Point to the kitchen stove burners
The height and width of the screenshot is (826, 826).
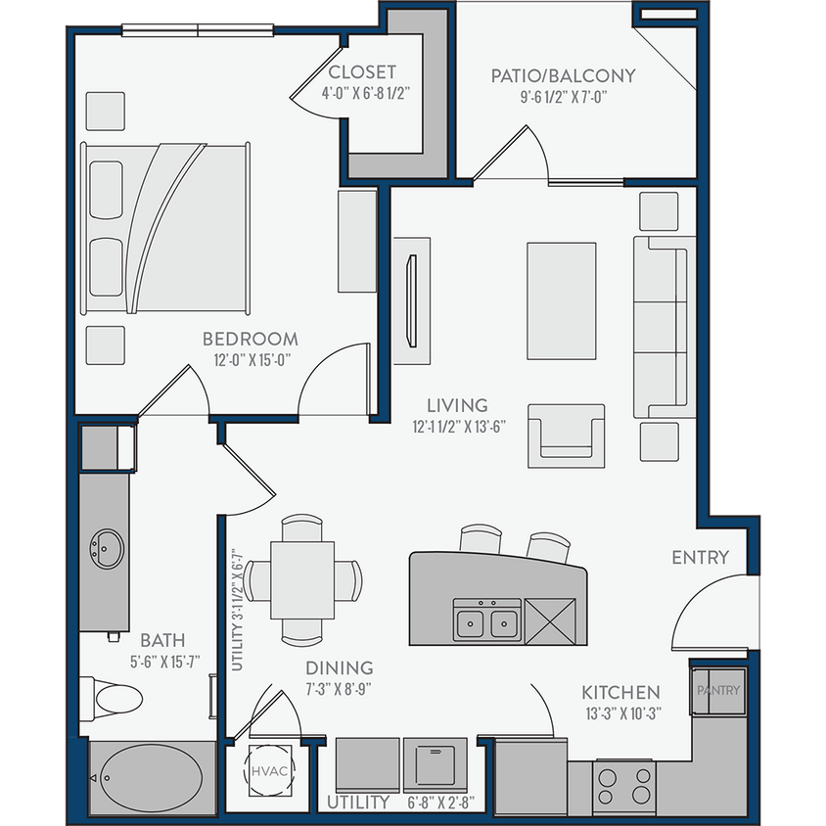(x=624, y=785)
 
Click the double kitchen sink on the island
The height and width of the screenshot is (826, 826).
(x=486, y=620)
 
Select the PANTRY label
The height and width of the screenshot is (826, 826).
(x=718, y=691)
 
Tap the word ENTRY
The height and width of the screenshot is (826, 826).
(x=700, y=558)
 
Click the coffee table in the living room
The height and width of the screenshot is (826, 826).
(x=562, y=301)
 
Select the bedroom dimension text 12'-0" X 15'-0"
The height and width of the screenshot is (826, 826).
(x=250, y=360)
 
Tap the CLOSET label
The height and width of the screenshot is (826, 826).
(x=362, y=72)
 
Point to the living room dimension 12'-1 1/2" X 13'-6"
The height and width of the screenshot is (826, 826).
(x=457, y=426)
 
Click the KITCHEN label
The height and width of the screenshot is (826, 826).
(x=620, y=692)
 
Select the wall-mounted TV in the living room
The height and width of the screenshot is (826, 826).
(x=410, y=300)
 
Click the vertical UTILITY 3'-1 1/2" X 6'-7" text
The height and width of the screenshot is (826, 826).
(x=236, y=609)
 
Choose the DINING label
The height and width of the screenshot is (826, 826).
(x=338, y=667)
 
